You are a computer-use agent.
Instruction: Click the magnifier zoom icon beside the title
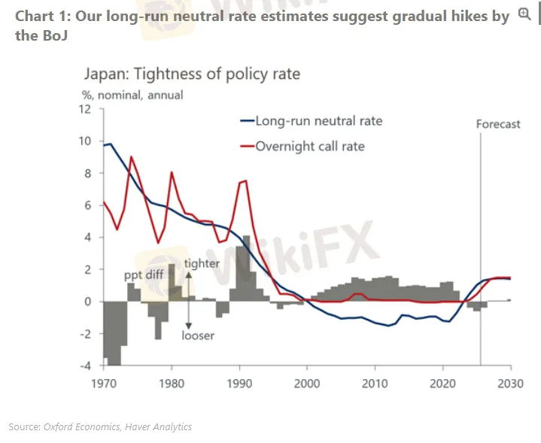[x=524, y=14]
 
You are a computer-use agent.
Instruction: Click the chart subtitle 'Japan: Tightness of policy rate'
[x=191, y=74]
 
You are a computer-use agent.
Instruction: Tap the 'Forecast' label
[x=498, y=124]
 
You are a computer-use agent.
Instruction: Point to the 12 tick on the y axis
[x=86, y=109]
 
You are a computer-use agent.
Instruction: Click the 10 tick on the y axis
[x=86, y=141]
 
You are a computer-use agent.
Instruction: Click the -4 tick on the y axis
[x=86, y=366]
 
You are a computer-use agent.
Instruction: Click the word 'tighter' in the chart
[x=201, y=263]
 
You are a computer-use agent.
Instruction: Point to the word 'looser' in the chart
[x=198, y=335]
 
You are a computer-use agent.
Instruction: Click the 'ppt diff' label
[x=144, y=275]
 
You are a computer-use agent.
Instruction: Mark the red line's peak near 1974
[x=132, y=156]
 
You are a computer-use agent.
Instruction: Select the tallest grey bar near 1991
[x=246, y=269]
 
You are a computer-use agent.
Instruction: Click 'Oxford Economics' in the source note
[x=83, y=426]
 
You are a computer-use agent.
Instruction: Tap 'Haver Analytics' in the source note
[x=160, y=426]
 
